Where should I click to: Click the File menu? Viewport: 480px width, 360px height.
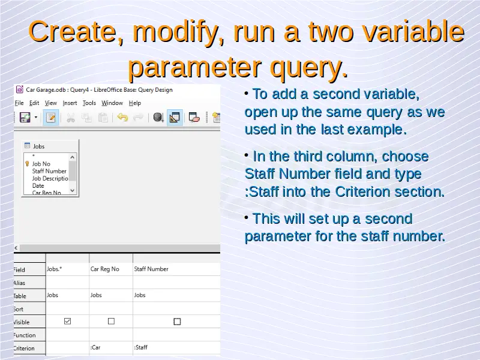pos(19,103)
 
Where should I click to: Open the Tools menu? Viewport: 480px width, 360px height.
pos(89,103)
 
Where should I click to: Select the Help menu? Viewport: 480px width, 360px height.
pos(134,103)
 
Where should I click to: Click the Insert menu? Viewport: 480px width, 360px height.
pos(70,103)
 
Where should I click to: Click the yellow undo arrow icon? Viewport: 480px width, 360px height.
pos(122,117)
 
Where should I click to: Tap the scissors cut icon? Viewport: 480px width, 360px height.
pos(71,118)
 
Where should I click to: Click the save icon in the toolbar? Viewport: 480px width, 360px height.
pos(25,117)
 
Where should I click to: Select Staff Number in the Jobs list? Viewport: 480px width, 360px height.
pos(49,171)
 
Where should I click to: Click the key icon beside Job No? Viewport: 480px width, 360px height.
pos(27,164)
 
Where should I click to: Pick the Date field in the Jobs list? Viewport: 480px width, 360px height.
pos(38,186)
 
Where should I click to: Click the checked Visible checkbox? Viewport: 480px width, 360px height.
pos(67,321)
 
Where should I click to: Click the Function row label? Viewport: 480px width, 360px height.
pos(25,335)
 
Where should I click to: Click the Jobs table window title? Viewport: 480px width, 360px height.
pos(38,146)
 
